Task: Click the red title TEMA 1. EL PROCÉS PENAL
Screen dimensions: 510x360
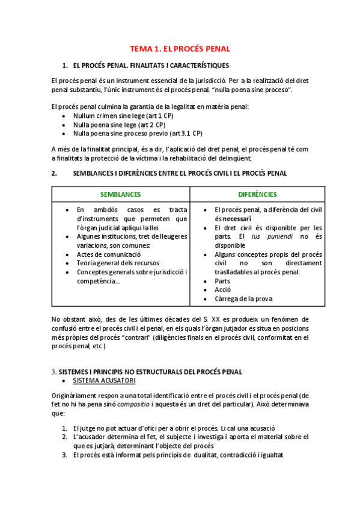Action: [180, 49]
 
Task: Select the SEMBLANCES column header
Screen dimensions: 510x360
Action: [120, 194]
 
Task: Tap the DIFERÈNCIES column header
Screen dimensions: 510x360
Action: [257, 194]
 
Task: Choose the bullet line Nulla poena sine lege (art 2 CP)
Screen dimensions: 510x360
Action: [119, 124]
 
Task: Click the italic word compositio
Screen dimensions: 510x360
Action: [133, 406]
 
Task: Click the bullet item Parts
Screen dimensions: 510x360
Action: [222, 281]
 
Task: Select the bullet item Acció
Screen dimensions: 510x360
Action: [223, 290]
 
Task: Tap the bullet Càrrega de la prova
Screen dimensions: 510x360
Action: [243, 298]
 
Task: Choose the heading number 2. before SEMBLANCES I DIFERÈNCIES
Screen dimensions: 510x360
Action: [54, 173]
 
